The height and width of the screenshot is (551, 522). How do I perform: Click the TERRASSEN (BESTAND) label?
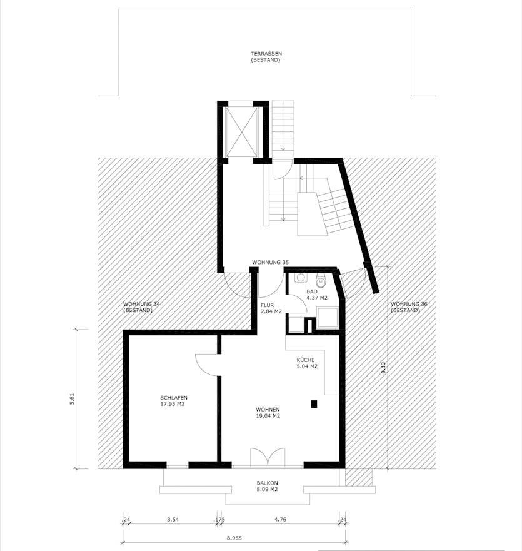[266, 57]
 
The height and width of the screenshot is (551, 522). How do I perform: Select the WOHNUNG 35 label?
[269, 261]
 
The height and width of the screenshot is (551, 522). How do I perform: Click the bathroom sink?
[300, 278]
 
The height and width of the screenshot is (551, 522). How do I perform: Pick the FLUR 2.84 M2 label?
[271, 308]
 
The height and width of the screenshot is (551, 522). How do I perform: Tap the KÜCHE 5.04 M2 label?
[307, 363]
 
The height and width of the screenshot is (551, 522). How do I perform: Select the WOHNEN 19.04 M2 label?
[267, 412]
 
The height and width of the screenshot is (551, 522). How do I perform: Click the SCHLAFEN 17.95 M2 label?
[174, 400]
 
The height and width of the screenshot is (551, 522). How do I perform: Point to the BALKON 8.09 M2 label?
[267, 486]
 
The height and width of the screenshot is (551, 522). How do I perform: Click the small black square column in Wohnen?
[314, 405]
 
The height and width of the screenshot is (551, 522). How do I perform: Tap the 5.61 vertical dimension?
[73, 398]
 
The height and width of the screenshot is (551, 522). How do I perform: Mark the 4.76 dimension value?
[280, 518]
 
